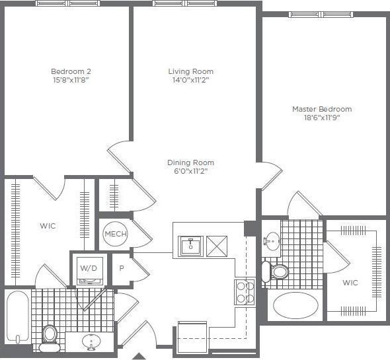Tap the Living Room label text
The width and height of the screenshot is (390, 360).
190,71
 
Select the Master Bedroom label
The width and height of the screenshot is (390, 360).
322,109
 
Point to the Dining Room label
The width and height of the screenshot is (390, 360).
190,162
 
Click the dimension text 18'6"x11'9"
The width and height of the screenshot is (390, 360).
322,118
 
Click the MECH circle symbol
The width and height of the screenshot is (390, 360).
115,234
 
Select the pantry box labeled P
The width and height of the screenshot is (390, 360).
122,269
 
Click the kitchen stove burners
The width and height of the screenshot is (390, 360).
244,291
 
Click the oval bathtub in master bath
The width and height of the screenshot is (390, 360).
295,306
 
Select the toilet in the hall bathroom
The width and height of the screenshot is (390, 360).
50,336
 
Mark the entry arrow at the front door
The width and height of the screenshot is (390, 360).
139,356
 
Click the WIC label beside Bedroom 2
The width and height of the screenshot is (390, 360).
48,226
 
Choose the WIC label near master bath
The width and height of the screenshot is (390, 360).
350,283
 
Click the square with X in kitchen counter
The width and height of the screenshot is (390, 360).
217,246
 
